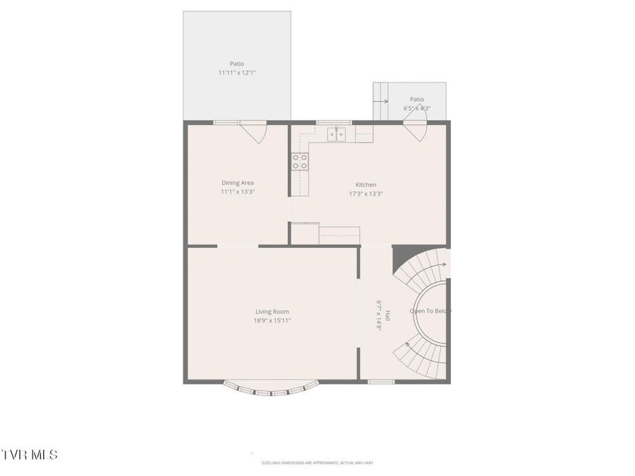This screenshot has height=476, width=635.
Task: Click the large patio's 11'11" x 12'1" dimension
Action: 236,73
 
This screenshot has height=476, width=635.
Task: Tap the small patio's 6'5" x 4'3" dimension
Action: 416,109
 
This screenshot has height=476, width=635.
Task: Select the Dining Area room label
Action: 237,183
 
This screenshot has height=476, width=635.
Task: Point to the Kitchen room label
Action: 365,185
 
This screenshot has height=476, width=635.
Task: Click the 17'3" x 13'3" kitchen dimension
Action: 365,194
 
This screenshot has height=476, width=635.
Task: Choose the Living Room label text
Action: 272,312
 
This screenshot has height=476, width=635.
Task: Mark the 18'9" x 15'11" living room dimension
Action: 272,320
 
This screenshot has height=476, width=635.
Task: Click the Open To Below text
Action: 430,311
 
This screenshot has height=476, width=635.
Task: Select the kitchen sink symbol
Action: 337,134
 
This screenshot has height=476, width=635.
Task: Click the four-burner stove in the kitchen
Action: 300,161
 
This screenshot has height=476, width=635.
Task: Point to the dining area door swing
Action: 253,131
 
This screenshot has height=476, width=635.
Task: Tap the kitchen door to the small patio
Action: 415,130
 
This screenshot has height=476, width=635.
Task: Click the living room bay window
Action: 272,389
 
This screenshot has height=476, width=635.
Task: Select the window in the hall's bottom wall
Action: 381,382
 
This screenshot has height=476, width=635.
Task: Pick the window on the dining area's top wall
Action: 226,123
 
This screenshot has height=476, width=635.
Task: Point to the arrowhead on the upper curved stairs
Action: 444,265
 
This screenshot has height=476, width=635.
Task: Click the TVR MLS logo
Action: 29,455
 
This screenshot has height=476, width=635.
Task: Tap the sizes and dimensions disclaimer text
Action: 317,463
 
